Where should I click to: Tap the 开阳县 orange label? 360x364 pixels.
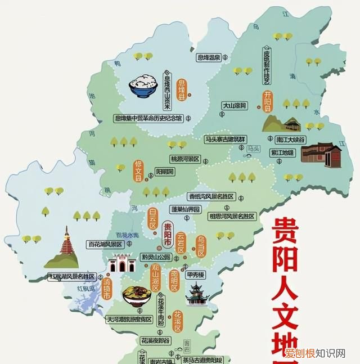click(268, 101)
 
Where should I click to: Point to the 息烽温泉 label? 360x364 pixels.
click(208, 57)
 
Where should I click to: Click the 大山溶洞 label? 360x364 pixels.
click(235, 105)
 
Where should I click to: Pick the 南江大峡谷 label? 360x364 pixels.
click(291, 139)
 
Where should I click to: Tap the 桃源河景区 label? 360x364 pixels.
click(184, 159)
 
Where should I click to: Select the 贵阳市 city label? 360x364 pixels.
click(166, 236)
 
